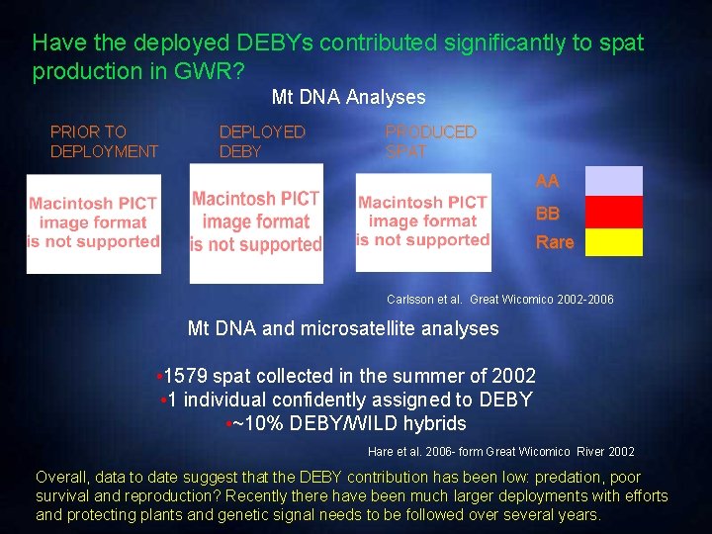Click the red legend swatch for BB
(x=614, y=213)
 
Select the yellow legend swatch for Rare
(x=614, y=242)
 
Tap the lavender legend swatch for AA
(x=614, y=181)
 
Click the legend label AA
(x=547, y=181)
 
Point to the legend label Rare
(x=554, y=242)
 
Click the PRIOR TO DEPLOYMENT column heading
(x=104, y=141)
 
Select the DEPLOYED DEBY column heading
(x=262, y=141)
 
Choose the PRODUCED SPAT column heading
(x=430, y=141)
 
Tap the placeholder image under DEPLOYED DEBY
(x=256, y=222)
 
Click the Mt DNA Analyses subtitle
(x=348, y=97)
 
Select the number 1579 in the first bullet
(x=186, y=376)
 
